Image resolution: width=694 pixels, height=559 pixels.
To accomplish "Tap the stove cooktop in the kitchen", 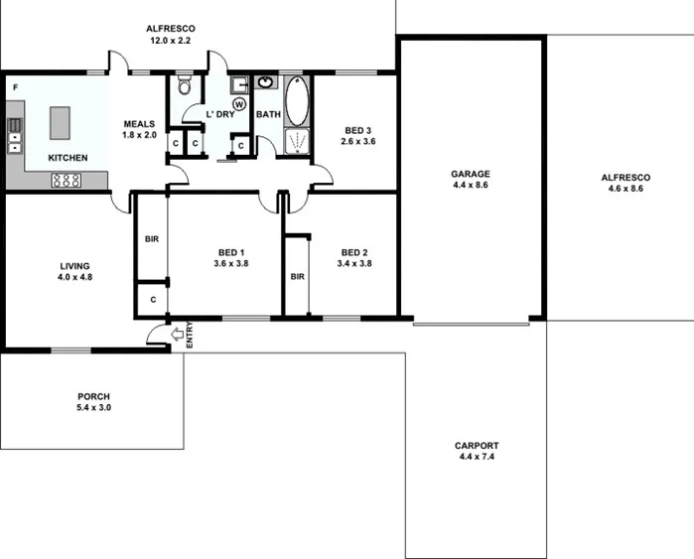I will pos(66,180).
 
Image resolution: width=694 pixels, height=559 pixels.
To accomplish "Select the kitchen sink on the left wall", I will pos(16,135).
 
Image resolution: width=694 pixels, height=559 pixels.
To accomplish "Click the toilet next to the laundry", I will pos(183,87).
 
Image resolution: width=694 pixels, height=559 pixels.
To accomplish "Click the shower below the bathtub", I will pos(296,143).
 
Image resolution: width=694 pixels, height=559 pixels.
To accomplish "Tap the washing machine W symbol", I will pos(239,103).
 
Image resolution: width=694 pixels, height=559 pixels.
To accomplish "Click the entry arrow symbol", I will pos(178,336).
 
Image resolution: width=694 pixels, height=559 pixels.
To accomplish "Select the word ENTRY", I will pos(190,336).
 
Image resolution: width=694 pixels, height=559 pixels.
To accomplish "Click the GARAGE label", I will pos(470,173).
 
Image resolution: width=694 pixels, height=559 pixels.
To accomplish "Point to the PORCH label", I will pos(93,397).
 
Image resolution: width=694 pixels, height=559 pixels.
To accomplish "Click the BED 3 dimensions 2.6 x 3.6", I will pos(358,142).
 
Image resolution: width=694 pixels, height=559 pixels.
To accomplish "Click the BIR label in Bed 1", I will pos(152,239).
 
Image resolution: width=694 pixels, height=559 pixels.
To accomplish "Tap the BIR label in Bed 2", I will pos(297,276).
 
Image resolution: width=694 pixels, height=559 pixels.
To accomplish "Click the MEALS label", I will pos(139,124).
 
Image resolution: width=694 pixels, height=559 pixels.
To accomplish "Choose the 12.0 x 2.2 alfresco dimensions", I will pos(169,41).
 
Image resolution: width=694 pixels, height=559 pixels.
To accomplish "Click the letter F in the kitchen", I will pos(15,87).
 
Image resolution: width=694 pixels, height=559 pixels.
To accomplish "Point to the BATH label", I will pos(268,114).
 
